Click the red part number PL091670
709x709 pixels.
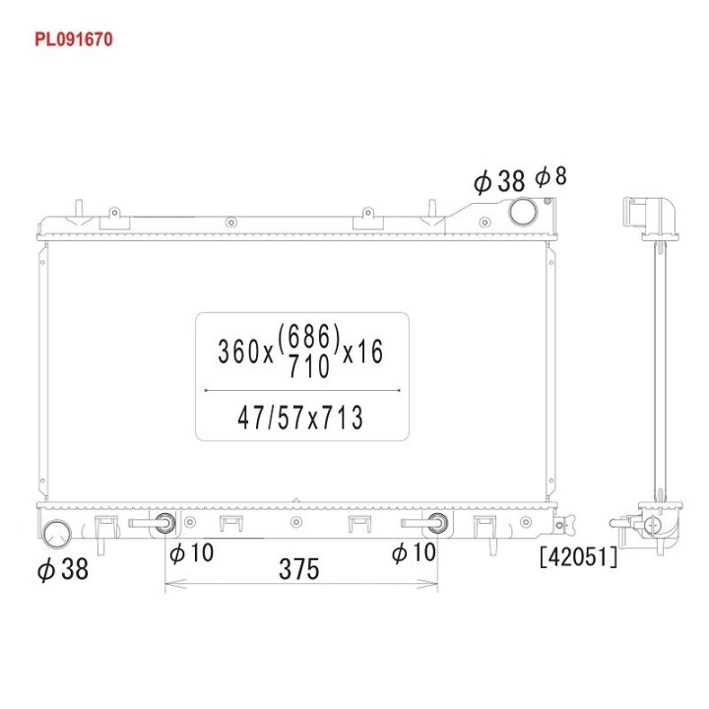74,39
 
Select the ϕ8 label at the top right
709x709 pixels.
550,176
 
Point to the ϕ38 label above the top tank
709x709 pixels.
499,181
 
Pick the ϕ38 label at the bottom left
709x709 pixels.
63,569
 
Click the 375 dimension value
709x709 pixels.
299,569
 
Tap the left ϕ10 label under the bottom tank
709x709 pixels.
191,552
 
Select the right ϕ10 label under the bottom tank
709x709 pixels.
414,552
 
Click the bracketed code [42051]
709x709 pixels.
578,556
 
